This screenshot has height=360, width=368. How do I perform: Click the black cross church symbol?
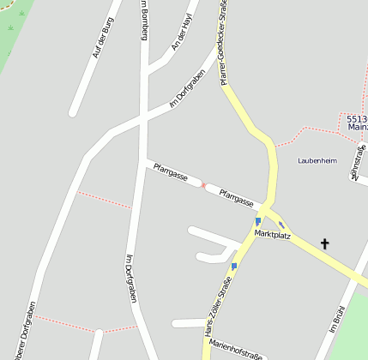[325, 244]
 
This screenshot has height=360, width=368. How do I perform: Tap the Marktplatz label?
[273, 234]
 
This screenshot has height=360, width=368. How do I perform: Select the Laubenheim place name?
[317, 160]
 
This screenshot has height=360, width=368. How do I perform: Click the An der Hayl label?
[183, 31]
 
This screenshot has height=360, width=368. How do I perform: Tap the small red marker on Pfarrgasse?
[203, 185]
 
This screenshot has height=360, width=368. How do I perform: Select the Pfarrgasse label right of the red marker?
[237, 198]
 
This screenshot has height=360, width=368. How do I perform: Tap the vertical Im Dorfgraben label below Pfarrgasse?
[132, 279]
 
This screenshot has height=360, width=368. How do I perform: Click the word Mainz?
[358, 127]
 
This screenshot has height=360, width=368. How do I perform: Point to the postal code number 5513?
[357, 118]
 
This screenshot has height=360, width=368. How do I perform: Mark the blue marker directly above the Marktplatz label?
[257, 221]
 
